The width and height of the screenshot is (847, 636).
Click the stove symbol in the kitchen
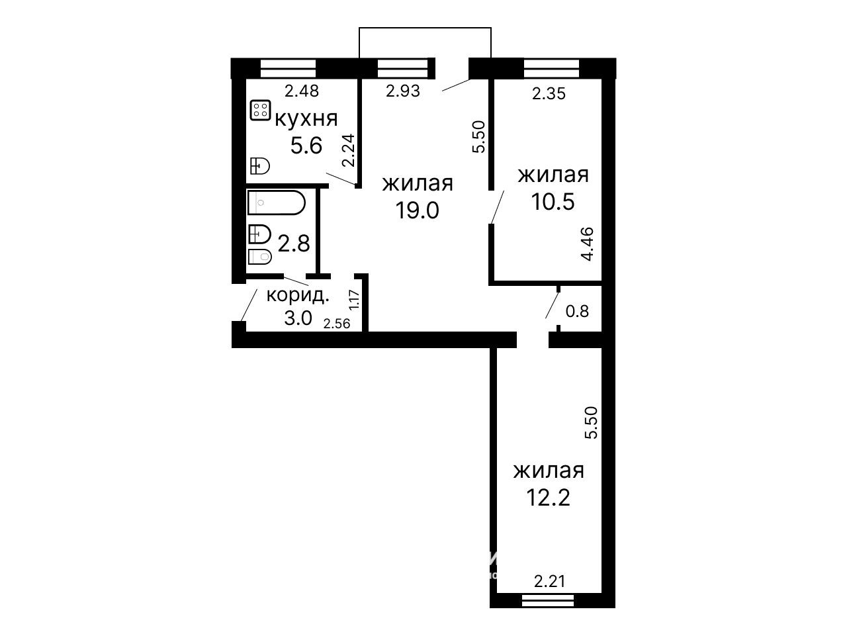pos(260,110)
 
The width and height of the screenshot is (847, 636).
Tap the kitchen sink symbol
pos(259,166)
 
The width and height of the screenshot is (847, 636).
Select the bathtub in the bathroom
pos(277,203)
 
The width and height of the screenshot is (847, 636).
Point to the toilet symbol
pos(259,257)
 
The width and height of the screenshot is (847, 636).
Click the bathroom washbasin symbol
pos(259,234)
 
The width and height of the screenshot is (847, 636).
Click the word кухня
pos(306,119)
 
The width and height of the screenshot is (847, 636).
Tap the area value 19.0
pos(417,210)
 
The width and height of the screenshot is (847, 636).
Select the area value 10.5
pos(553,201)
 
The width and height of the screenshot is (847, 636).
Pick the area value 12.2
pos(548,498)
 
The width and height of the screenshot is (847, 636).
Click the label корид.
pos(298,296)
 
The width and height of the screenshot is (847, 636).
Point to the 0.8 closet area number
pos(577,311)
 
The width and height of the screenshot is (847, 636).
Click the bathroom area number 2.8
pos(294,244)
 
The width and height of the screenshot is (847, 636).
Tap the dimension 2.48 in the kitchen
pos(302,91)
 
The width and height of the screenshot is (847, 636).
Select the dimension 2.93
pos(403,91)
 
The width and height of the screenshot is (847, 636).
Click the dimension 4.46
pos(587,244)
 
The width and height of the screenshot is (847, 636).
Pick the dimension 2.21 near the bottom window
pos(549,581)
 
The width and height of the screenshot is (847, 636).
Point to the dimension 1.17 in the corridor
pos(354,300)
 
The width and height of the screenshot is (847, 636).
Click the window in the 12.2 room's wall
pos(547,600)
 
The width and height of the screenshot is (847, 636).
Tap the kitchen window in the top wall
pos(289,69)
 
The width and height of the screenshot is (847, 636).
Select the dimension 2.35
pos(549,93)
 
